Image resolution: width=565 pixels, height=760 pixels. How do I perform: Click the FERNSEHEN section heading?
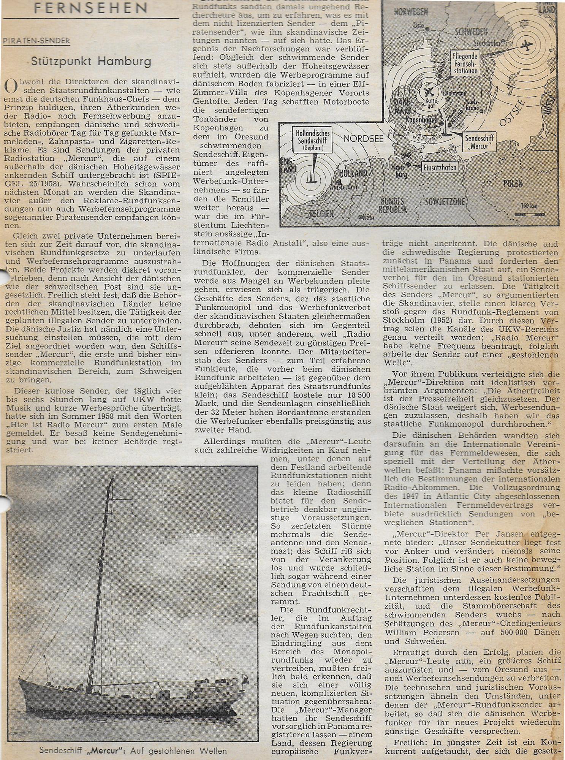coord(90,7)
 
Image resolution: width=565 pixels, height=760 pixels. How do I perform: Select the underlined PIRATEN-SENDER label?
coord(36,41)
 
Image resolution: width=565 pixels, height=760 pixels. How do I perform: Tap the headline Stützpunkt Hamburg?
coord(91,62)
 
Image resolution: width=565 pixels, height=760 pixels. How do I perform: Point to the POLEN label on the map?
coord(513,184)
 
